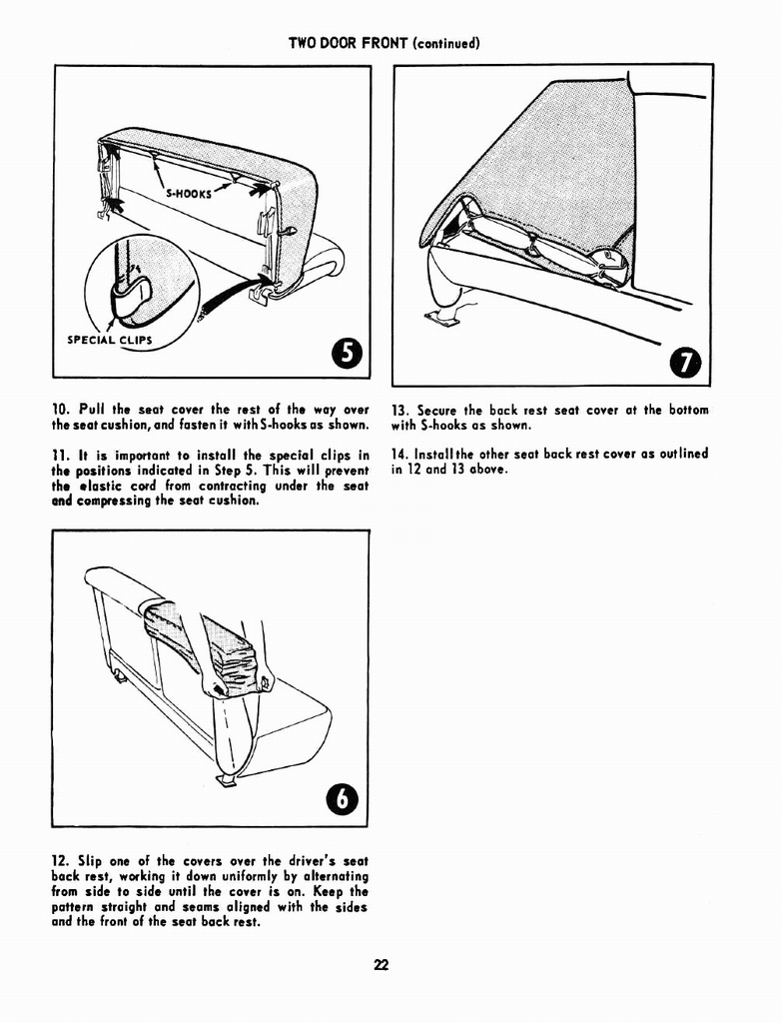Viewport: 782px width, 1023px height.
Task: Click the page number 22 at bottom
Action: [x=382, y=965]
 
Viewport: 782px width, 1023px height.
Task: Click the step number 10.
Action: [x=60, y=410]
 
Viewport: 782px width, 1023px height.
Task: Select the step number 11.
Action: [x=59, y=456]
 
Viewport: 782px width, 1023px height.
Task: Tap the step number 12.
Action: [x=60, y=861]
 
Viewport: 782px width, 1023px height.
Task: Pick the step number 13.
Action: [x=400, y=410]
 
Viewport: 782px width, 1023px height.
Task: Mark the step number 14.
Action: [x=400, y=454]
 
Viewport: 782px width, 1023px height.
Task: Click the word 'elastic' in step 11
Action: [x=100, y=486]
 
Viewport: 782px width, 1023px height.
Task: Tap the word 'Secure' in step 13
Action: [x=438, y=410]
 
